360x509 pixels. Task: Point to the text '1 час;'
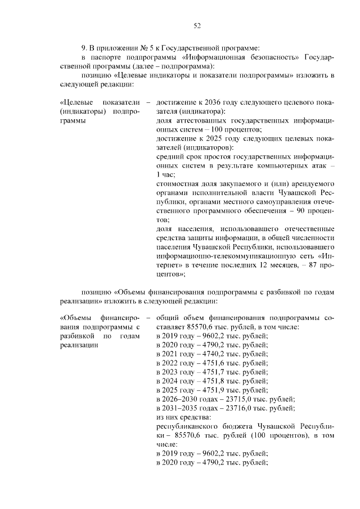click(166, 175)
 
